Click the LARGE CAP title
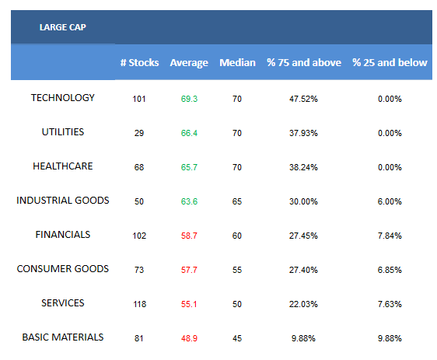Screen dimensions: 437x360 [63, 27]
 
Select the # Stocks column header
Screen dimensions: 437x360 [140, 62]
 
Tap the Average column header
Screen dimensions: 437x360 [189, 63]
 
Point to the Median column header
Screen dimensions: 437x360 [237, 62]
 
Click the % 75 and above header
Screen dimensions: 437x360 [304, 62]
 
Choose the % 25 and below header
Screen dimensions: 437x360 [390, 62]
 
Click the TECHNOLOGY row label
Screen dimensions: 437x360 [63, 98]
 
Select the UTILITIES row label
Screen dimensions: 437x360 [63, 132]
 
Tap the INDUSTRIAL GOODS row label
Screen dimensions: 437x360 [63, 201]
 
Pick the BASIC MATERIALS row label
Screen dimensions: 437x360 [63, 337]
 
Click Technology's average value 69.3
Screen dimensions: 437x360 [189, 99]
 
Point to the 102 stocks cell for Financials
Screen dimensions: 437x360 [139, 236]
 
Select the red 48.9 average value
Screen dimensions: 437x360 [189, 338]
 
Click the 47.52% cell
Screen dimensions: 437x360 [303, 99]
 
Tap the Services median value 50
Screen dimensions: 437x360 [237, 304]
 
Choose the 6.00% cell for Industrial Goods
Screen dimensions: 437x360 [390, 201]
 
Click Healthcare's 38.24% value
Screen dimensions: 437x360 [303, 167]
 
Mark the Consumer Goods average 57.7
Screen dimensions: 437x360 [189, 270]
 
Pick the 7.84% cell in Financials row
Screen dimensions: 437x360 [390, 236]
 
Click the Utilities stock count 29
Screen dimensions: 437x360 [139, 133]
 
